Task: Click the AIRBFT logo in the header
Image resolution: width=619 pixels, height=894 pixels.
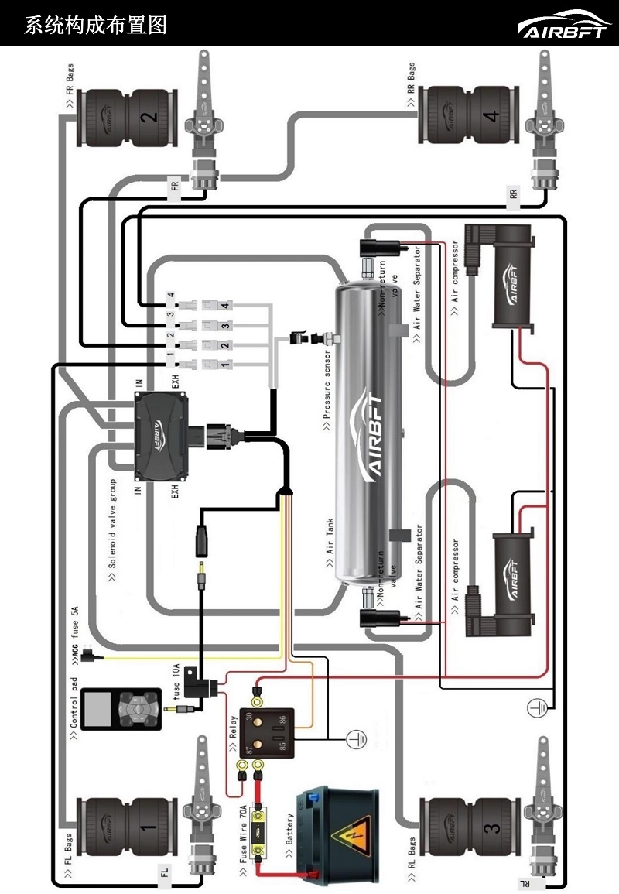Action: click(x=564, y=25)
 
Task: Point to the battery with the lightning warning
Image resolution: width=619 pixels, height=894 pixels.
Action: click(x=340, y=831)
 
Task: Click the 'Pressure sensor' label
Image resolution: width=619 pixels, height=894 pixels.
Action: click(x=327, y=382)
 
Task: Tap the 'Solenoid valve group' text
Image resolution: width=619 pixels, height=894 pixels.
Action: click(x=112, y=535)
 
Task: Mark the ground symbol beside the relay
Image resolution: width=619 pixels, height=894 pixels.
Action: click(x=355, y=739)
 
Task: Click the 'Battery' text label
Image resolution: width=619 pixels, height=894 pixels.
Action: click(x=290, y=834)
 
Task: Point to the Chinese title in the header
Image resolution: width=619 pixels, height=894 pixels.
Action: click(x=95, y=25)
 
